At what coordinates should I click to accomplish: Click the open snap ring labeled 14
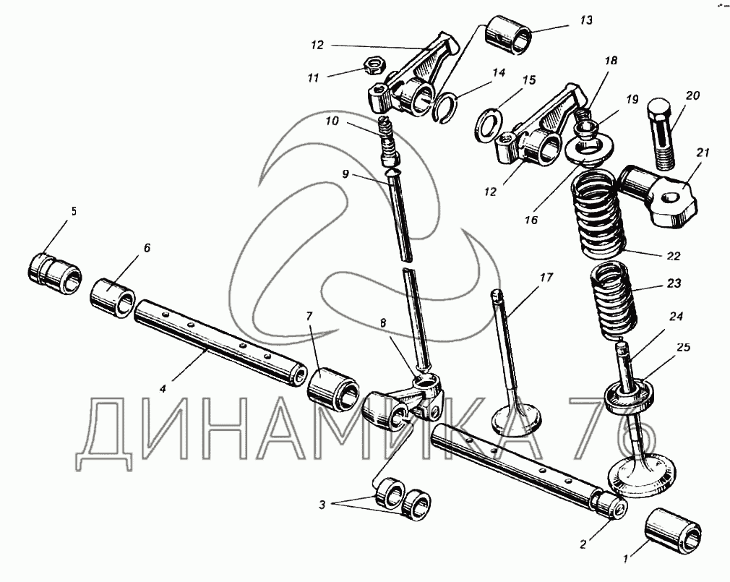click(447, 106)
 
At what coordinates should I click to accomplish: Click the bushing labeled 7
click(332, 386)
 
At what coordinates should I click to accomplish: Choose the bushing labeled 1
click(672, 529)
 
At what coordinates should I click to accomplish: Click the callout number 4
click(163, 388)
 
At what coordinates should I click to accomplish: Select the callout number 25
click(683, 348)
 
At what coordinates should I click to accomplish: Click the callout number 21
click(703, 153)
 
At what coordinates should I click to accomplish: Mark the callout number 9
click(345, 174)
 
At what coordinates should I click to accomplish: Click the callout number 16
click(532, 220)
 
